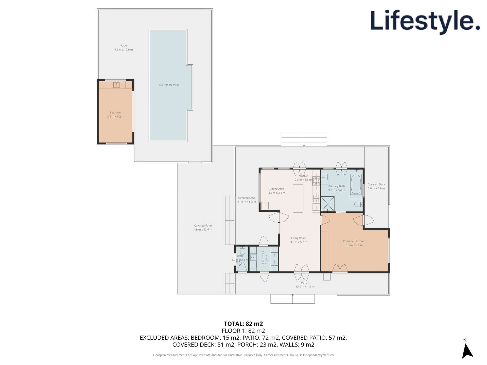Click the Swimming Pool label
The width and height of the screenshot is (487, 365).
[169, 85]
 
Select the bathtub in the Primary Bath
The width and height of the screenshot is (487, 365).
[356, 184]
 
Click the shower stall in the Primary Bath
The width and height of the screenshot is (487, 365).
[327, 204]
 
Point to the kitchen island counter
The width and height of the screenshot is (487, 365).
[298, 198]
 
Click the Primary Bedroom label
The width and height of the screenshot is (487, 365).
[354, 241]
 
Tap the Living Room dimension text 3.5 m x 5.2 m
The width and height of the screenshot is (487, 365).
[299, 242]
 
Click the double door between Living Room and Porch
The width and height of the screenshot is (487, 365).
[302, 272]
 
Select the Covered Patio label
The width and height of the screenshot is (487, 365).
[203, 226]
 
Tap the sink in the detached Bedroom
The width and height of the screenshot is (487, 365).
[116, 85]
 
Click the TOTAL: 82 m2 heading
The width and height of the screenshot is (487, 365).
[243, 324]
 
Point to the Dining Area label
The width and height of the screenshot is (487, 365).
[277, 189]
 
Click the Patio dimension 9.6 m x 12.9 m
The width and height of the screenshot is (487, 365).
[124, 50]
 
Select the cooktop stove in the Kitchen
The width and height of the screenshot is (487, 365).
[316, 180]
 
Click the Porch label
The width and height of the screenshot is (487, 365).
[305, 283]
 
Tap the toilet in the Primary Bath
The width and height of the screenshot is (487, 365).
[359, 204]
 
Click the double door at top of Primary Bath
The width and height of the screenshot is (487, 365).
[341, 169]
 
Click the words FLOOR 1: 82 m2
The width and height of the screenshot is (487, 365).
[243, 331]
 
